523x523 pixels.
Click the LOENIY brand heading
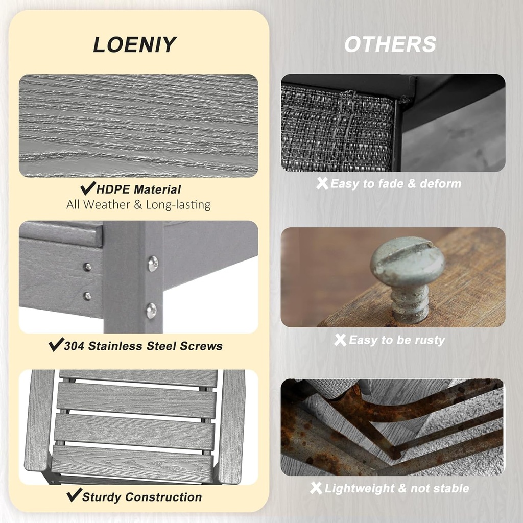pos(134,44)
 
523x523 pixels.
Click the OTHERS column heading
pos(390,44)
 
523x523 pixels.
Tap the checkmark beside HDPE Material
pos(88,189)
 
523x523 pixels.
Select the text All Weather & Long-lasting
pos(138,205)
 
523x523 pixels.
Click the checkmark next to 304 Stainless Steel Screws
pos(56,345)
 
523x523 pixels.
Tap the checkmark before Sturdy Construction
pos(74,495)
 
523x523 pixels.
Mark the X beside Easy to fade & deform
pos(322,183)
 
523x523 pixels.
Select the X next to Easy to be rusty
pos(340,340)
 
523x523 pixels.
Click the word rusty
pos(429,340)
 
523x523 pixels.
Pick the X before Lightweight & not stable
pos(316,488)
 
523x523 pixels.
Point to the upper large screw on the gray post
pos(153,264)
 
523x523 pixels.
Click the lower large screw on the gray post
pos(151,310)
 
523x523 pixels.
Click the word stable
pos(451,489)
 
